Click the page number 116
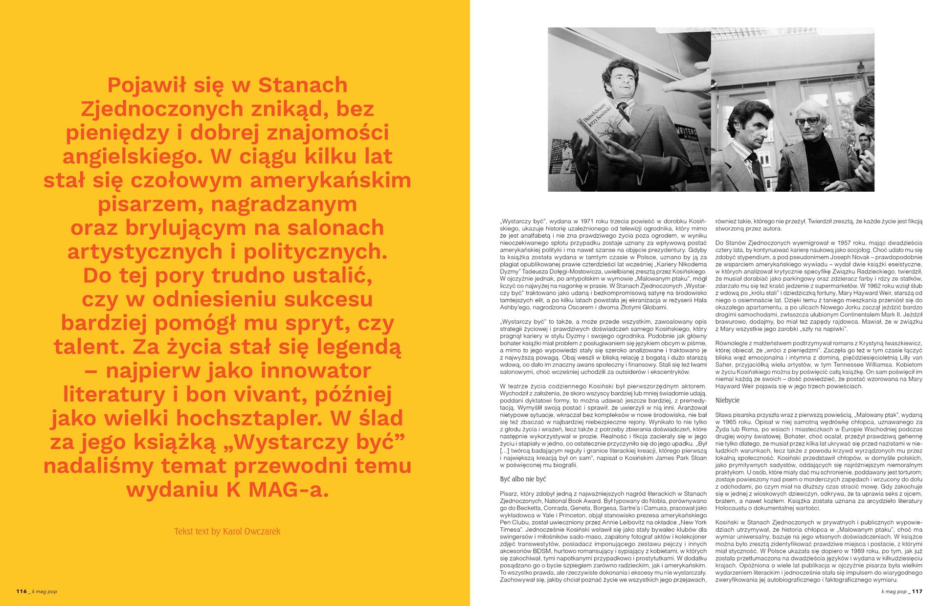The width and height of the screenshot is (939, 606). coord(22,591)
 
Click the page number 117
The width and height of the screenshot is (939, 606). coord(917,591)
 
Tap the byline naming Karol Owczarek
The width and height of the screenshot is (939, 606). coord(227,531)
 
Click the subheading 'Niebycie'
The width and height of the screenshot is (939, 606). coord(727,400)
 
